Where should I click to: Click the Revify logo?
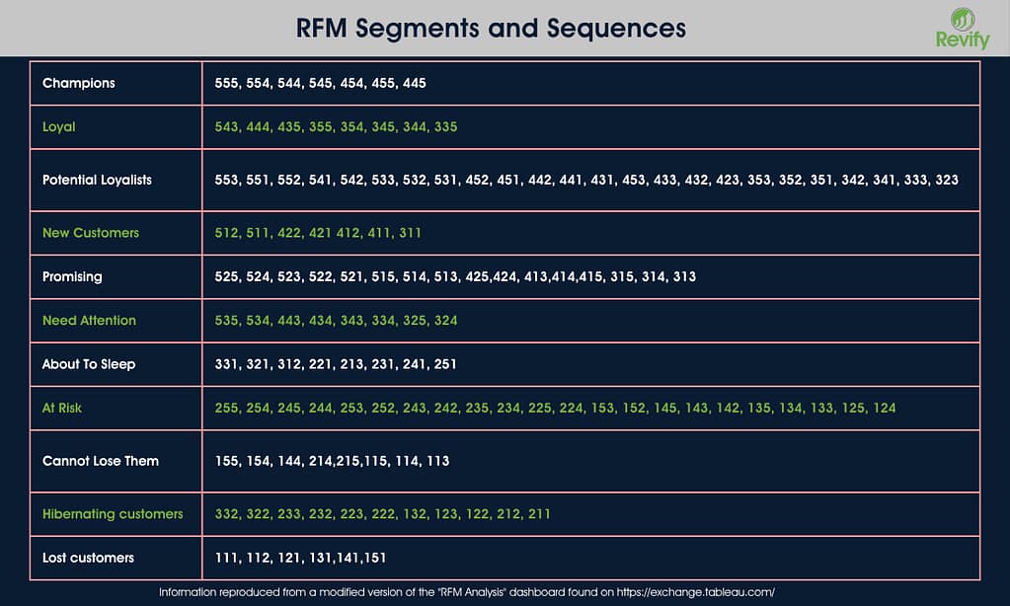955,28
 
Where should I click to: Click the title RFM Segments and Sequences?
491,28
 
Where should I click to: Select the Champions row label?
79,83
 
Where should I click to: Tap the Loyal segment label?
59,126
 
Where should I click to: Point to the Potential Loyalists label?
97,180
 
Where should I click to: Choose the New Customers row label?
91,233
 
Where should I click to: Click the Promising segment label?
72,276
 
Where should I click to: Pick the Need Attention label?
89,320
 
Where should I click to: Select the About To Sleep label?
89,364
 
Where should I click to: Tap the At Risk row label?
62,408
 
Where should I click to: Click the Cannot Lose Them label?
101,461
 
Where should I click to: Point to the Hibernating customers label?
113,514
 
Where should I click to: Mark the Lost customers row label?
88,558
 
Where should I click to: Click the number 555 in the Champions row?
226,83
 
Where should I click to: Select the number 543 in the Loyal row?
226,126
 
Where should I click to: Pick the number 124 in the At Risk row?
885,408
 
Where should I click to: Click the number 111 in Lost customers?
226,558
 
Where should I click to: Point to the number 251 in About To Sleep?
445,364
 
